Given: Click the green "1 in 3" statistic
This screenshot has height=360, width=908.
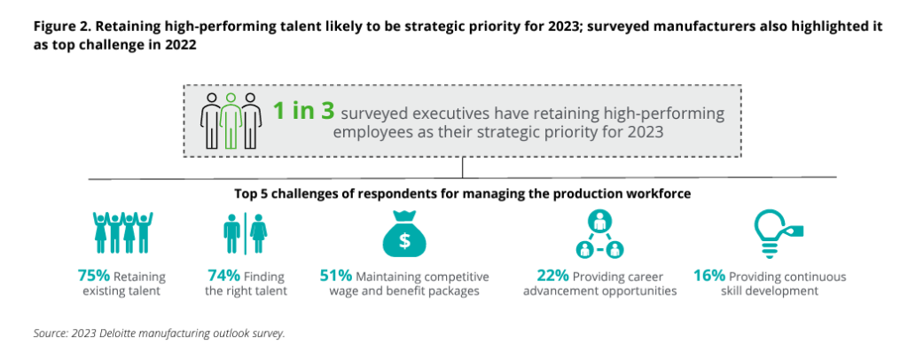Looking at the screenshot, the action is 303,112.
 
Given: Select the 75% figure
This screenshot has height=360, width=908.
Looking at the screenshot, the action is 96,276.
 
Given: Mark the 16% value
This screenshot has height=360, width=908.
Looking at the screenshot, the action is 711,276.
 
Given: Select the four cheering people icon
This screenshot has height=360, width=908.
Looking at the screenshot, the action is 122,232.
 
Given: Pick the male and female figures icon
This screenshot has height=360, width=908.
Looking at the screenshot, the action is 246,232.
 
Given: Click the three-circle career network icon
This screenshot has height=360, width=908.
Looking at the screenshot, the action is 600,233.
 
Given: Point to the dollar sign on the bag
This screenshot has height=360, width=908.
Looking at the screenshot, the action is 404,241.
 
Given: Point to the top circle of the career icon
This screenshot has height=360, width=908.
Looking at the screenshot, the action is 600,221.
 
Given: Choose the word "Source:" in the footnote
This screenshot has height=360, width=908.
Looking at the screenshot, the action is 48,334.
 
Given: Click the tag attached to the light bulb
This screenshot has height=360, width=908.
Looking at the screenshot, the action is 795,231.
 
